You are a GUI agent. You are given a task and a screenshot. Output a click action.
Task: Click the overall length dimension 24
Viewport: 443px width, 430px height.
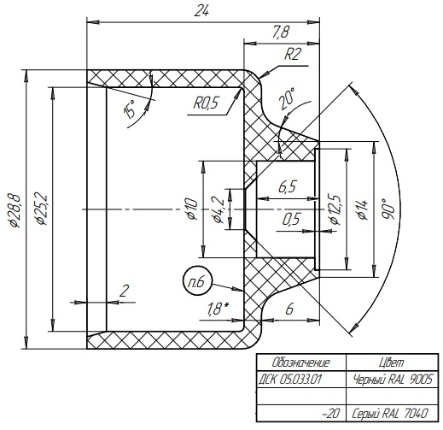[201, 12]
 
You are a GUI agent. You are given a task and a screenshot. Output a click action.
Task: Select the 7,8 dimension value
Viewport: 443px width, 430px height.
[280, 32]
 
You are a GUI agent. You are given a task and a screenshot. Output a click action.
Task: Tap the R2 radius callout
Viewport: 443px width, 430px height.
[292, 53]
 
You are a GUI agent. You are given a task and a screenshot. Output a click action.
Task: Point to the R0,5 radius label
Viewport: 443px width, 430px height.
[206, 103]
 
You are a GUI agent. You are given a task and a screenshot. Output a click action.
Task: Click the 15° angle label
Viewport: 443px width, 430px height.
[130, 109]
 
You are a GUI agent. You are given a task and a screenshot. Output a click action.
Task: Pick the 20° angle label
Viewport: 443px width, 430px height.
[287, 99]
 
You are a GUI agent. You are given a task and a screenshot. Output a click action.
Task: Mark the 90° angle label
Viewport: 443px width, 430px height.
[388, 209]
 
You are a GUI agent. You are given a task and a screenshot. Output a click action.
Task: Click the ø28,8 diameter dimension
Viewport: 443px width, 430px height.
[14, 211]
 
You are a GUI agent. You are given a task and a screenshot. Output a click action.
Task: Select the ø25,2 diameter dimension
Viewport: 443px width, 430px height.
[40, 209]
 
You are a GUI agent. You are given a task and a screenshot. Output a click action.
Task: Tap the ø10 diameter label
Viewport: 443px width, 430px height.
[191, 209]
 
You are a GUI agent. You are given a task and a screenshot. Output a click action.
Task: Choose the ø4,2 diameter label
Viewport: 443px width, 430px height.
[219, 210]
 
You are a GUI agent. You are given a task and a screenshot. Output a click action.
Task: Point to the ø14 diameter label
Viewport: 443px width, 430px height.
[363, 210]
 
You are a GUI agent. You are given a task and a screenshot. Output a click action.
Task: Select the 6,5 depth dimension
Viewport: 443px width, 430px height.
[287, 187]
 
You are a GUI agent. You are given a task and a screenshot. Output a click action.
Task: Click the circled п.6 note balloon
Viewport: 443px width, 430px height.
[197, 281]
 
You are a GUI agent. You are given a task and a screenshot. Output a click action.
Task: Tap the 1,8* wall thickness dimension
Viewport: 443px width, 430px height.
[218, 309]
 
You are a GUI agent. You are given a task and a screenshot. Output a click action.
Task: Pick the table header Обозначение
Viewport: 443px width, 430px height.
[300, 362]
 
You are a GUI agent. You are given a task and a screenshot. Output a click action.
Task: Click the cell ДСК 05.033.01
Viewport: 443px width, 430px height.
[290, 380]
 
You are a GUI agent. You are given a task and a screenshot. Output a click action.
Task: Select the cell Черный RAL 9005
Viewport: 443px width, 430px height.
[393, 380]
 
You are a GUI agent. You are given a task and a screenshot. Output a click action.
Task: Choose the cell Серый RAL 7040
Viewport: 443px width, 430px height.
[389, 413]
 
